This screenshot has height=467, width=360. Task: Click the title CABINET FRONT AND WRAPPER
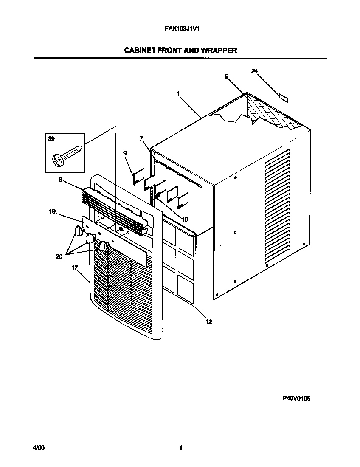click(x=180, y=50)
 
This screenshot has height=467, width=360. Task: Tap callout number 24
click(x=255, y=71)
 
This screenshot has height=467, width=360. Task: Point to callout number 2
click(x=227, y=76)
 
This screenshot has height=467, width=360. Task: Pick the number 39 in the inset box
click(x=51, y=139)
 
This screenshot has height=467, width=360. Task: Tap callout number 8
click(x=60, y=180)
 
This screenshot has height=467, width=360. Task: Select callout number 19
click(x=52, y=211)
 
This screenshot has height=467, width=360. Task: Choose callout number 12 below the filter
click(x=208, y=321)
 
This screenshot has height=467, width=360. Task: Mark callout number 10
click(x=185, y=219)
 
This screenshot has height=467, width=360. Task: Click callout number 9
click(x=125, y=153)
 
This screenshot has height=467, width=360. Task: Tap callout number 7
click(x=141, y=138)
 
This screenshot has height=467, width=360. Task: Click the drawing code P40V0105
click(x=296, y=399)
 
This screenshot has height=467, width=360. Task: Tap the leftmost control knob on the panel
click(x=79, y=231)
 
